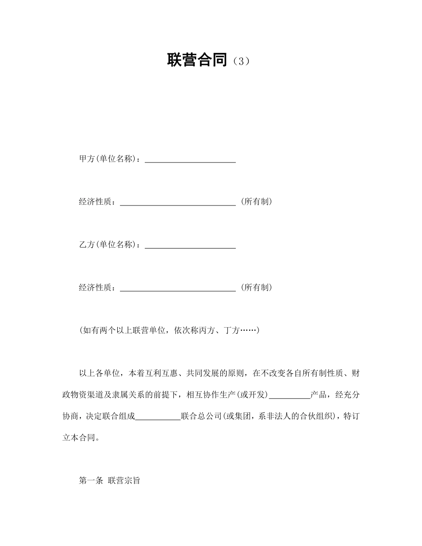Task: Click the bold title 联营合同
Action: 197,59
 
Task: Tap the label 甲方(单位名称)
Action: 109,159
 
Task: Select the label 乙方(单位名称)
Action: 109,245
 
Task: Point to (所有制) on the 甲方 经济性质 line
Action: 256,202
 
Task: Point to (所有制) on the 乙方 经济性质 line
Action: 256,288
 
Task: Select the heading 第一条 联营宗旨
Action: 109,481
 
